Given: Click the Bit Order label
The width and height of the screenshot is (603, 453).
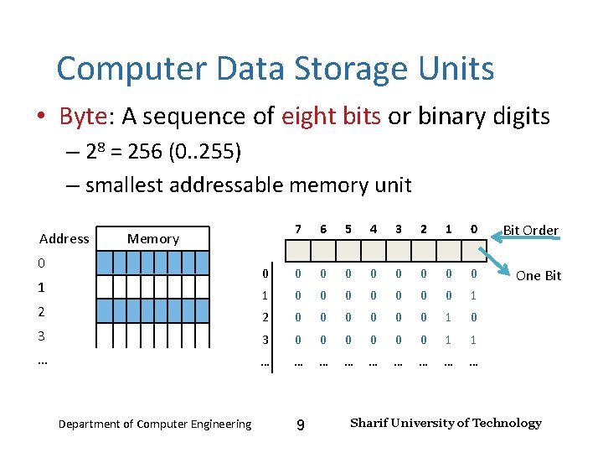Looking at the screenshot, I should coord(530,230).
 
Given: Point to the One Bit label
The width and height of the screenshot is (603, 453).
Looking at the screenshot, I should coord(539,275).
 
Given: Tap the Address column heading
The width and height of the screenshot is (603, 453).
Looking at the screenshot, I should coord(64,238).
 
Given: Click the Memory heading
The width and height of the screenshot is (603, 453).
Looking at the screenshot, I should coord(152,238).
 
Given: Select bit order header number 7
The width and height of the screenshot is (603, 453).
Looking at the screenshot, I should coord(298,229).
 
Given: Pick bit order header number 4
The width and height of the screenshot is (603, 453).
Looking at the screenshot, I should coord(374,229).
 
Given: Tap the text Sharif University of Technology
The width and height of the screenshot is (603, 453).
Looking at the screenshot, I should coord(446,423).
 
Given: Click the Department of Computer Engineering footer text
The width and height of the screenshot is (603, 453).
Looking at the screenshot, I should coord(154,424).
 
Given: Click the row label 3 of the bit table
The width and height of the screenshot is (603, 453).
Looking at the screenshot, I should coord(264,341).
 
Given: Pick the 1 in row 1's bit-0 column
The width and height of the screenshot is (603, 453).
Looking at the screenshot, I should coord(473,295).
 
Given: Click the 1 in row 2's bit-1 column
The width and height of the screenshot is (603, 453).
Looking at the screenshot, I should coord(448,318).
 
